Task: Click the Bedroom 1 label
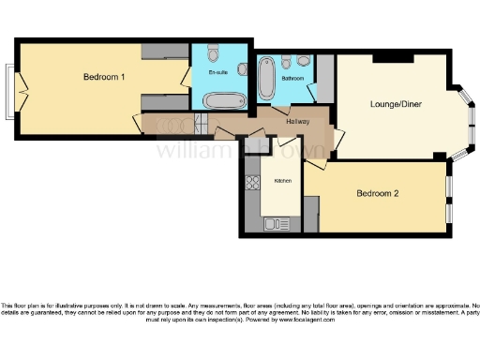click(104, 77)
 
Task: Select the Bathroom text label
click(292, 79)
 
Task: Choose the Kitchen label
click(282, 180)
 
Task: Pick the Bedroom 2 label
click(378, 194)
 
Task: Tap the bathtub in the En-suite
click(222, 100)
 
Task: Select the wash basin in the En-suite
click(241, 68)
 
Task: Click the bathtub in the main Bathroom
click(266, 80)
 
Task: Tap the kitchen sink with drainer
click(278, 223)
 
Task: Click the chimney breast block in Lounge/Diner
click(393, 58)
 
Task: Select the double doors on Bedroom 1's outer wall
click(12, 92)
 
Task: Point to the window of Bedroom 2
click(448, 197)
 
